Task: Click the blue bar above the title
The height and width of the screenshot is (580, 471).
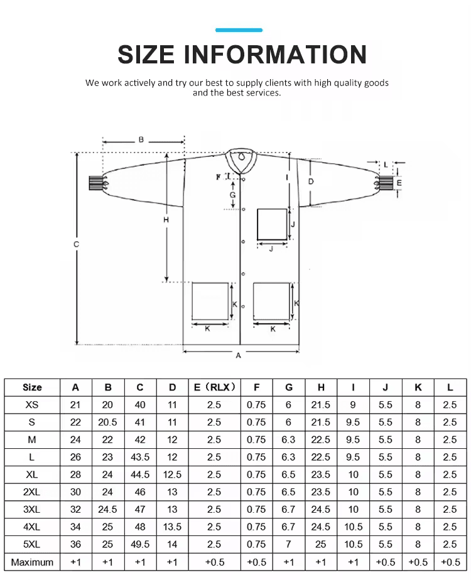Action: click(239, 30)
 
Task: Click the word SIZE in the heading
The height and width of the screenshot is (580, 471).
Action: click(146, 55)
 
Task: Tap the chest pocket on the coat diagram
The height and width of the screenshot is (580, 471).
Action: click(273, 225)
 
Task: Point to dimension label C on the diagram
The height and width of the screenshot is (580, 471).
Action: click(76, 244)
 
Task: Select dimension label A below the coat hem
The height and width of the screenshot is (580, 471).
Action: click(238, 355)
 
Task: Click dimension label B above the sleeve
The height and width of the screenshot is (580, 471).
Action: click(141, 140)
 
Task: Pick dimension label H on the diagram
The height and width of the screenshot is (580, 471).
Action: click(166, 220)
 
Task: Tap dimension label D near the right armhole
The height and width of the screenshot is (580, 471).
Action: click(311, 181)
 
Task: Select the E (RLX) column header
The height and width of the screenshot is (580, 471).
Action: click(215, 387)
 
